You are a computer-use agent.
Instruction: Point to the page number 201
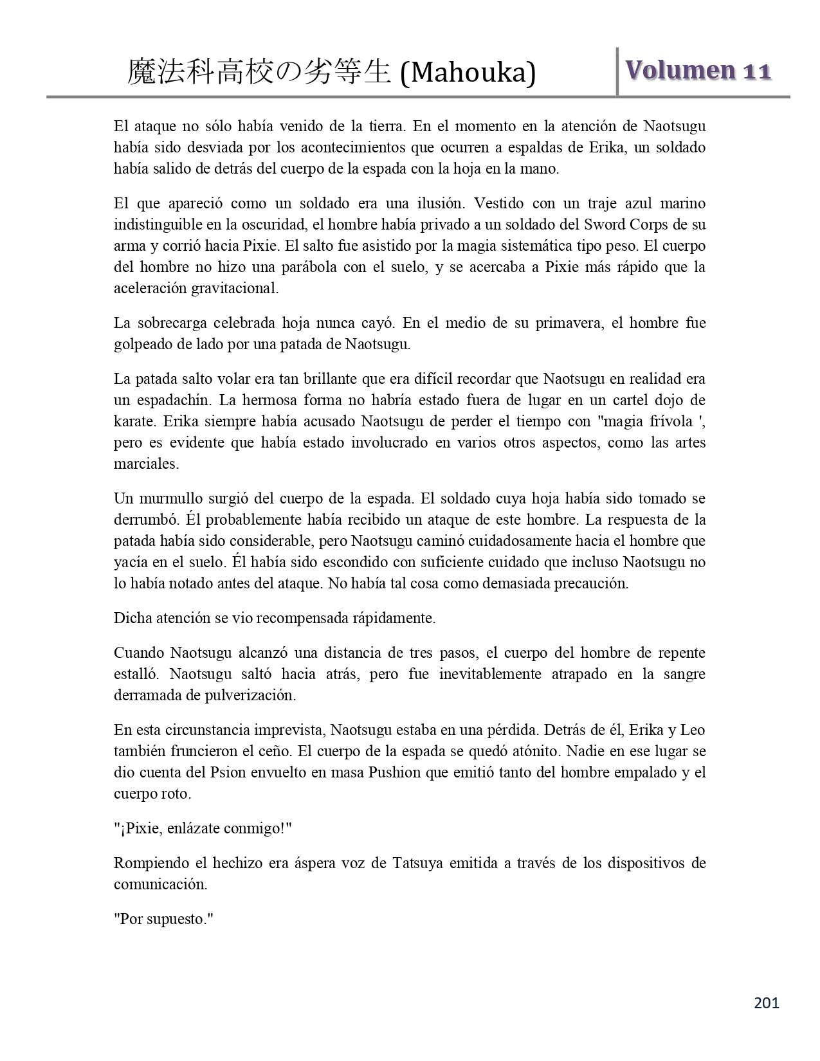(766, 1002)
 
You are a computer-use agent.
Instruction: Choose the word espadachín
(174, 400)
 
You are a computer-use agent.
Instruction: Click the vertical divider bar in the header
(617, 71)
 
